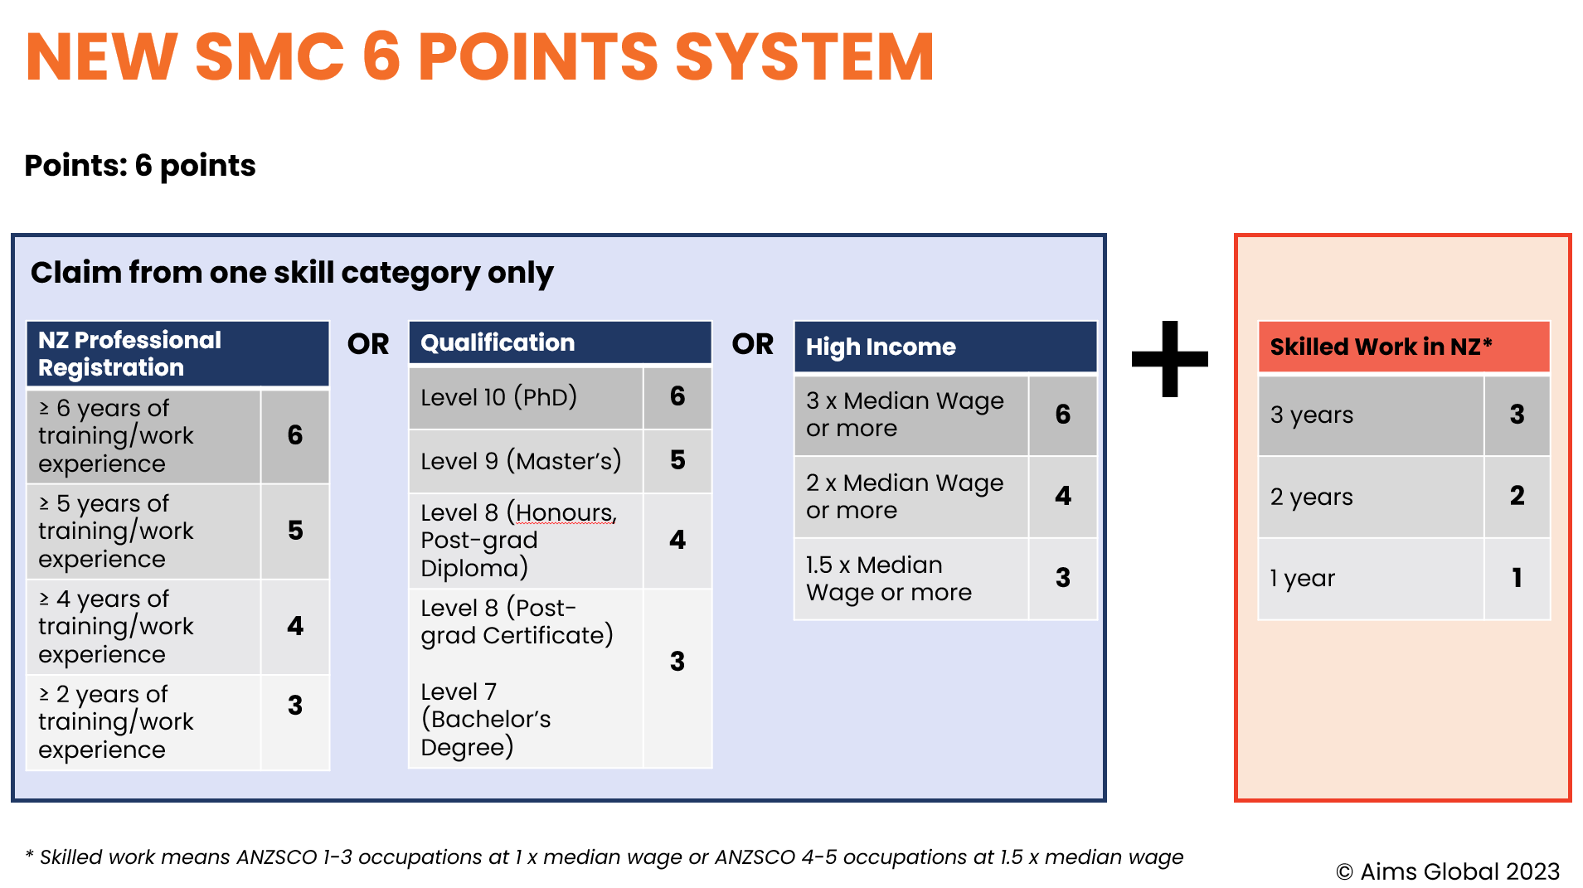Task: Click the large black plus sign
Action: [x=1169, y=358]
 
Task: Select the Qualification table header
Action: [x=560, y=342]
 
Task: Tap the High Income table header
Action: [x=945, y=347]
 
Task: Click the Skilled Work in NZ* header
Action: [x=1403, y=347]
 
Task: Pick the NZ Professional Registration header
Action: [x=177, y=354]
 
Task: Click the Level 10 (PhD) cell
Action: [x=525, y=397]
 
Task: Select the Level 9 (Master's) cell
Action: [x=525, y=461]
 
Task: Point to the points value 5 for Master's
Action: [x=677, y=460]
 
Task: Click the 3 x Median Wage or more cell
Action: [x=910, y=415]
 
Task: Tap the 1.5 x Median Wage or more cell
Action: [x=910, y=579]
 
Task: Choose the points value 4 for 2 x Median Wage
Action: [x=1062, y=496]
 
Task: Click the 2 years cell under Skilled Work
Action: [x=1370, y=497]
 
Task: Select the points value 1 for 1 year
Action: [x=1516, y=578]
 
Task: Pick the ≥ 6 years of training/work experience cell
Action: [x=143, y=436]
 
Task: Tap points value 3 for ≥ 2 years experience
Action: [x=294, y=706]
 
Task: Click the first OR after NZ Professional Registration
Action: [x=368, y=344]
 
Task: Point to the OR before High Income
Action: [x=752, y=344]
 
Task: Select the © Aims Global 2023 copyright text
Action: [x=1447, y=871]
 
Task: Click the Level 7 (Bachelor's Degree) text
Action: [x=486, y=719]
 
